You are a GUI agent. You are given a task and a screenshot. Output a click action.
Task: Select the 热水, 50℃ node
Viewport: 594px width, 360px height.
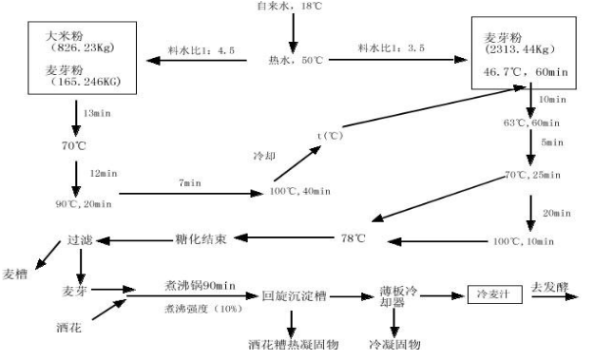pos(297,60)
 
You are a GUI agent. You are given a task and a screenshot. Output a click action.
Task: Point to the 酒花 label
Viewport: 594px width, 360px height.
pos(67,326)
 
